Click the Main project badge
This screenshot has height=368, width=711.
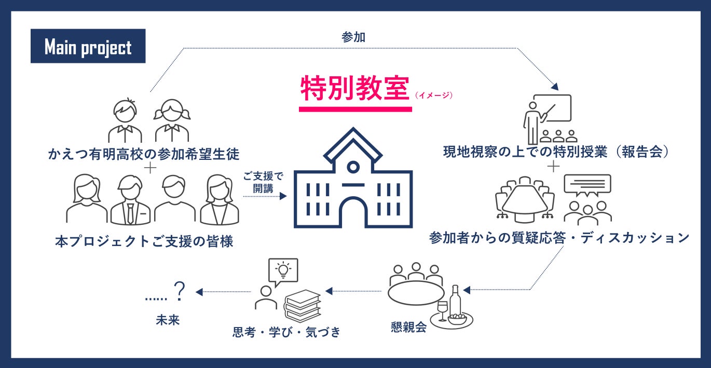click(x=88, y=46)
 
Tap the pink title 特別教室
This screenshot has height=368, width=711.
click(x=355, y=88)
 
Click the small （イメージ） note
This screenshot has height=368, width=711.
click(x=433, y=95)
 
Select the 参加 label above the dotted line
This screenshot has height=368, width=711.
click(x=353, y=37)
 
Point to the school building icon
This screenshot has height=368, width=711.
click(x=353, y=178)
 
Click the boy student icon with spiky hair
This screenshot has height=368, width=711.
click(x=125, y=120)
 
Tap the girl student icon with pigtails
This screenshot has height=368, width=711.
click(x=172, y=120)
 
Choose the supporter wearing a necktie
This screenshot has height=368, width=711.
click(x=130, y=200)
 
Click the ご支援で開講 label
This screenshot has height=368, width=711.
click(x=263, y=182)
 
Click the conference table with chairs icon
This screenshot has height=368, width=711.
click(x=525, y=200)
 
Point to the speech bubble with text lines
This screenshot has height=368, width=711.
click(x=587, y=185)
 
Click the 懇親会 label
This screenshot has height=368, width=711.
click(x=409, y=326)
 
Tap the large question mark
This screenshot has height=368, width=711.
click(x=180, y=291)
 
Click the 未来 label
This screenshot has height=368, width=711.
click(x=168, y=320)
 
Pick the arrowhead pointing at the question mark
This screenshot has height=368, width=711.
click(x=199, y=292)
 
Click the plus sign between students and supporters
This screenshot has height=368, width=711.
click(x=150, y=168)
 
